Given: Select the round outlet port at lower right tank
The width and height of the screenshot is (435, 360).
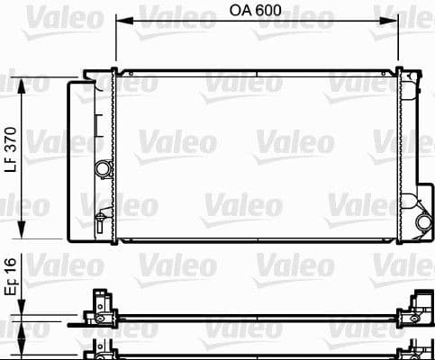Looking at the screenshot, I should (422, 222).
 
